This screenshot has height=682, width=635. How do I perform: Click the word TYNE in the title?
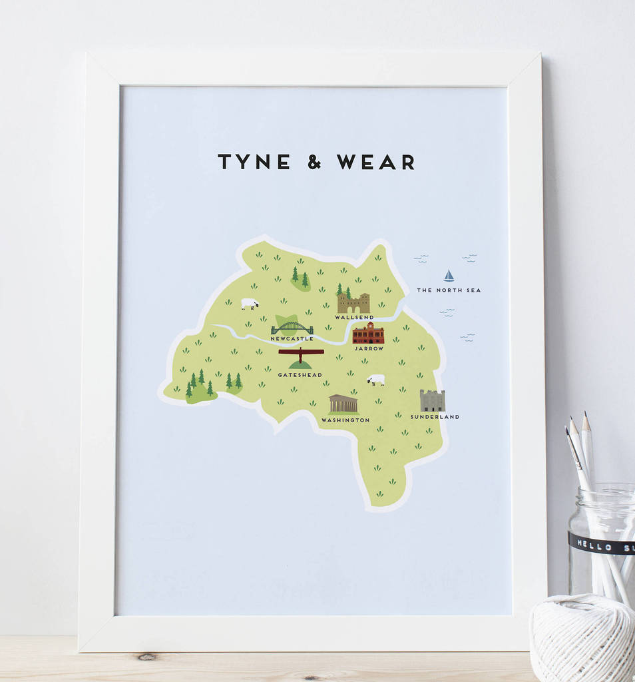(x=254, y=162)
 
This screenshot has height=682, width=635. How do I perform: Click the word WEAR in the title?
(x=375, y=162)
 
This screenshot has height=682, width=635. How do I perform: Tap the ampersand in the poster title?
(x=314, y=162)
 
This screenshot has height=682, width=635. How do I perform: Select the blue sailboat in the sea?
(x=449, y=276)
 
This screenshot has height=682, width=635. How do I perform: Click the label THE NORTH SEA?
(x=449, y=290)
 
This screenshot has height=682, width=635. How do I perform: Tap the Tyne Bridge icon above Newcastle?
(x=292, y=328)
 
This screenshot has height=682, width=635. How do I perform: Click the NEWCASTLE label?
(x=292, y=339)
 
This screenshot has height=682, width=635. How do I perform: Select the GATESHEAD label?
(x=300, y=375)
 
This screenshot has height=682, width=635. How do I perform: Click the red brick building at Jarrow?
(x=368, y=334)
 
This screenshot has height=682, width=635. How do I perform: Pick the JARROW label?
(x=369, y=348)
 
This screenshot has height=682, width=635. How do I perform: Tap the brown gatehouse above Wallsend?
(x=353, y=304)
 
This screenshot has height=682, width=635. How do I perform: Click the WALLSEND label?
(x=353, y=318)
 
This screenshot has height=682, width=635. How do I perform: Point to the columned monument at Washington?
(x=343, y=404)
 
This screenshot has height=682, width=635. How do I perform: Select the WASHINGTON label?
(x=345, y=420)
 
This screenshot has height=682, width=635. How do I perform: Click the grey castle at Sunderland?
(x=432, y=401)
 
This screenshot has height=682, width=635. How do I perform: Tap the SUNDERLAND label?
(x=435, y=417)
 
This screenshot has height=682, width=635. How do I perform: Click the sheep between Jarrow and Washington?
(x=376, y=380)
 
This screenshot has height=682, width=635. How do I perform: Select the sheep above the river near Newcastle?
(x=249, y=304)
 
